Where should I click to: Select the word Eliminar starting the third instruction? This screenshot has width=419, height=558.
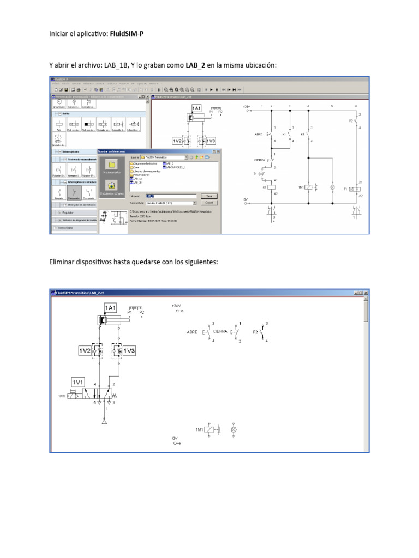[63, 263]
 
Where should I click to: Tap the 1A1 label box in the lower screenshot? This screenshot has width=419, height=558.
[110, 308]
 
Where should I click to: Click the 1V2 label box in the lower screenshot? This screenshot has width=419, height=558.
[86, 351]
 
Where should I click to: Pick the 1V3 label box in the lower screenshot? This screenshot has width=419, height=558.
[129, 351]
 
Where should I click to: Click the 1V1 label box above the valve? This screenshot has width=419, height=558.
[78, 383]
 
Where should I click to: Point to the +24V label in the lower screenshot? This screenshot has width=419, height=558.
[176, 306]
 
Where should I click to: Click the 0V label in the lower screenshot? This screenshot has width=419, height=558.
[175, 438]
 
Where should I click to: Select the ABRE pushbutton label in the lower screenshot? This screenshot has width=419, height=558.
[192, 331]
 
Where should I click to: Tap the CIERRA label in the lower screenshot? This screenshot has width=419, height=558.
[220, 331]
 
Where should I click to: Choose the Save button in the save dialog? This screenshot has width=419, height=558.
[208, 195]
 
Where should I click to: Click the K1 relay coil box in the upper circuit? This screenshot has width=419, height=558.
[272, 187]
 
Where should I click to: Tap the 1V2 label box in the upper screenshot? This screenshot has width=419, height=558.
[177, 141]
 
